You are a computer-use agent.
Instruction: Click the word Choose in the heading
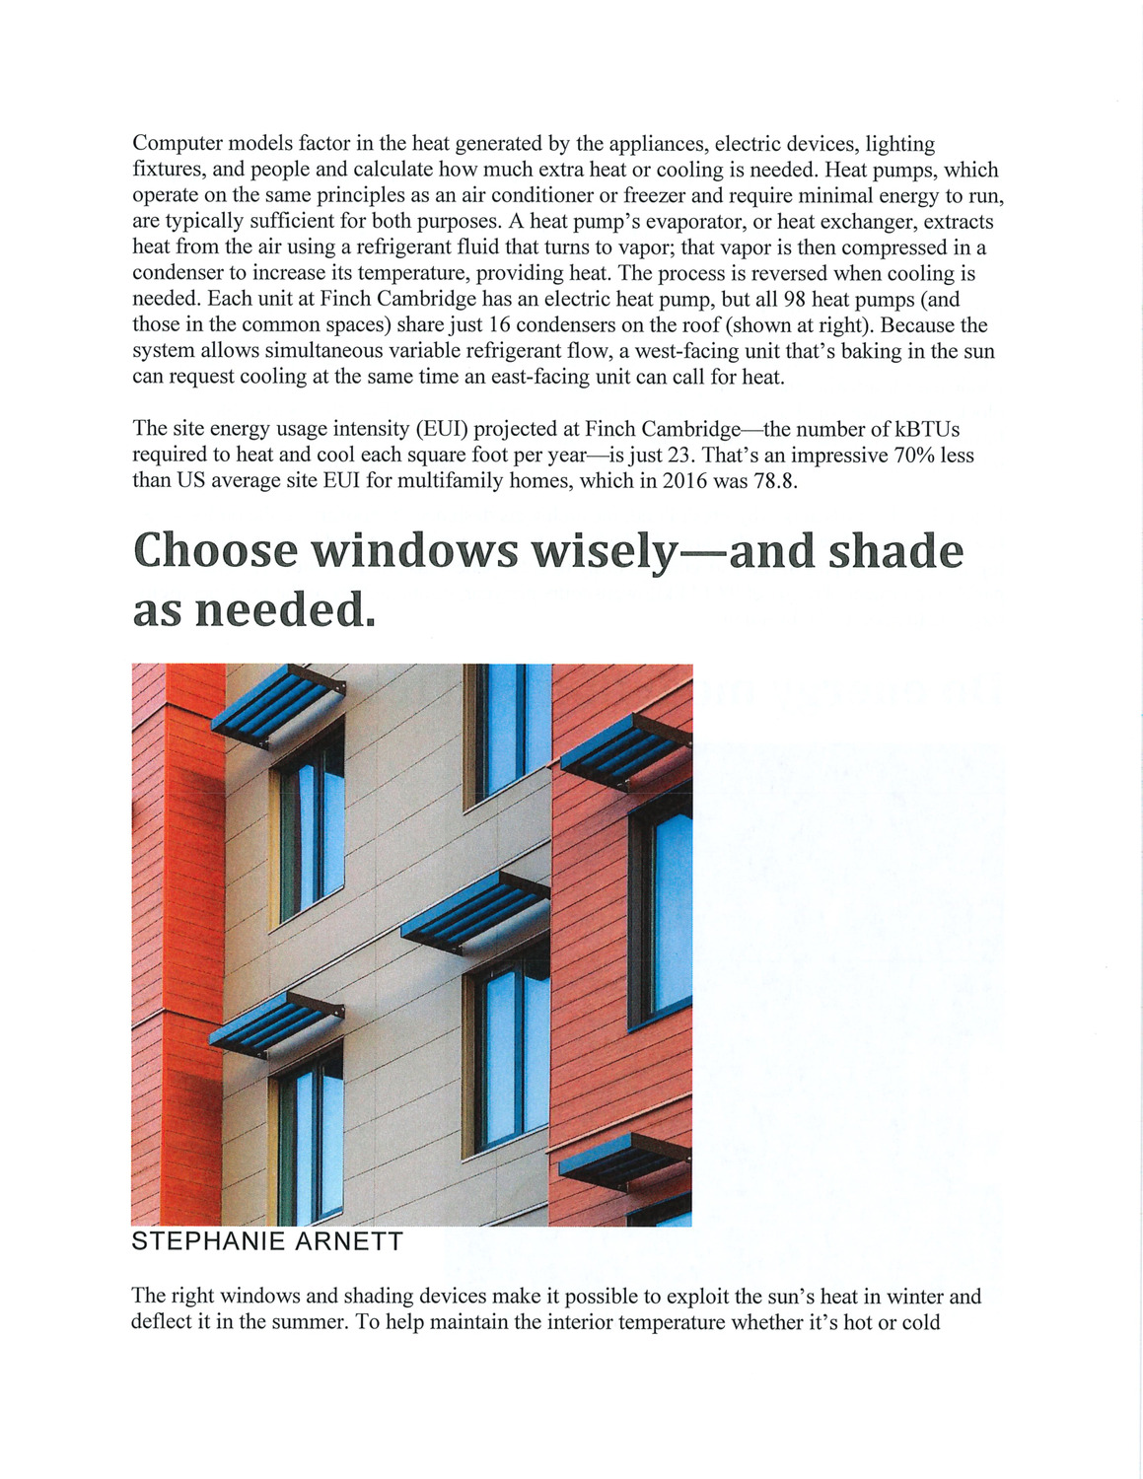(215, 550)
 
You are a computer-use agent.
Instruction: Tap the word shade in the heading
(895, 550)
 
